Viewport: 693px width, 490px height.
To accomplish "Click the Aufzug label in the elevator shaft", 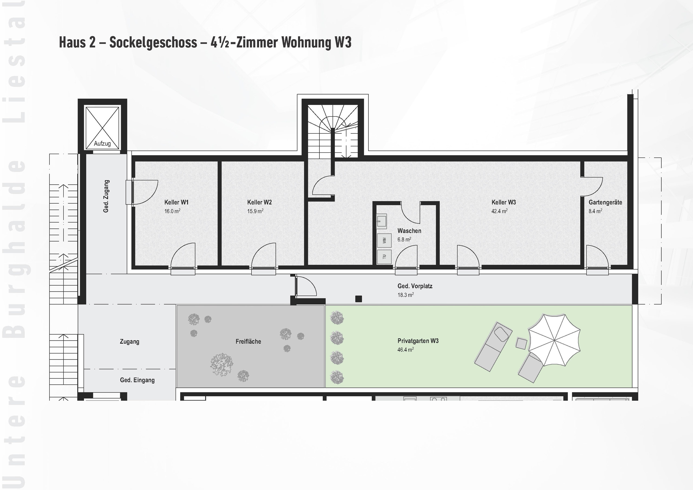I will tap(102, 144).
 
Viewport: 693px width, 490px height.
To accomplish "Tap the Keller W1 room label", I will tap(176, 202).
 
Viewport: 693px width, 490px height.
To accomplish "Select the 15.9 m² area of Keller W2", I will tap(255, 211).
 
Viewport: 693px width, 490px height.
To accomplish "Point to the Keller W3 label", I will tap(504, 202).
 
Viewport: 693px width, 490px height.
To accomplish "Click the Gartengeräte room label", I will tap(605, 202).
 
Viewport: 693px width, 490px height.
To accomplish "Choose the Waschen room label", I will tap(409, 231).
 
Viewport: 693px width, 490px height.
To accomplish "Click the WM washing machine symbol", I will tap(384, 240).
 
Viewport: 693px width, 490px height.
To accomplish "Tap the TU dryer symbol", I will tap(384, 257).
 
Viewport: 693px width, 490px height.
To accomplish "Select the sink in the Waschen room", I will tap(382, 221).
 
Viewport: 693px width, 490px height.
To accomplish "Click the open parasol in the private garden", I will tap(554, 340).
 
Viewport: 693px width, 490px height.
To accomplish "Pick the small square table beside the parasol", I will tap(521, 343).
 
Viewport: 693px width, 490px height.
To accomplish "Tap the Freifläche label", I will tap(248, 341).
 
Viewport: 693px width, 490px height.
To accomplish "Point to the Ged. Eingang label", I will tap(137, 380).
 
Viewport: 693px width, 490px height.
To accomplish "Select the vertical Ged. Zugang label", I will tap(106, 196).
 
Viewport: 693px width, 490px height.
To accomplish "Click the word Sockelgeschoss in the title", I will tap(153, 42).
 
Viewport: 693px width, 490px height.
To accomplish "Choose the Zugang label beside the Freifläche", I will tap(129, 341).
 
